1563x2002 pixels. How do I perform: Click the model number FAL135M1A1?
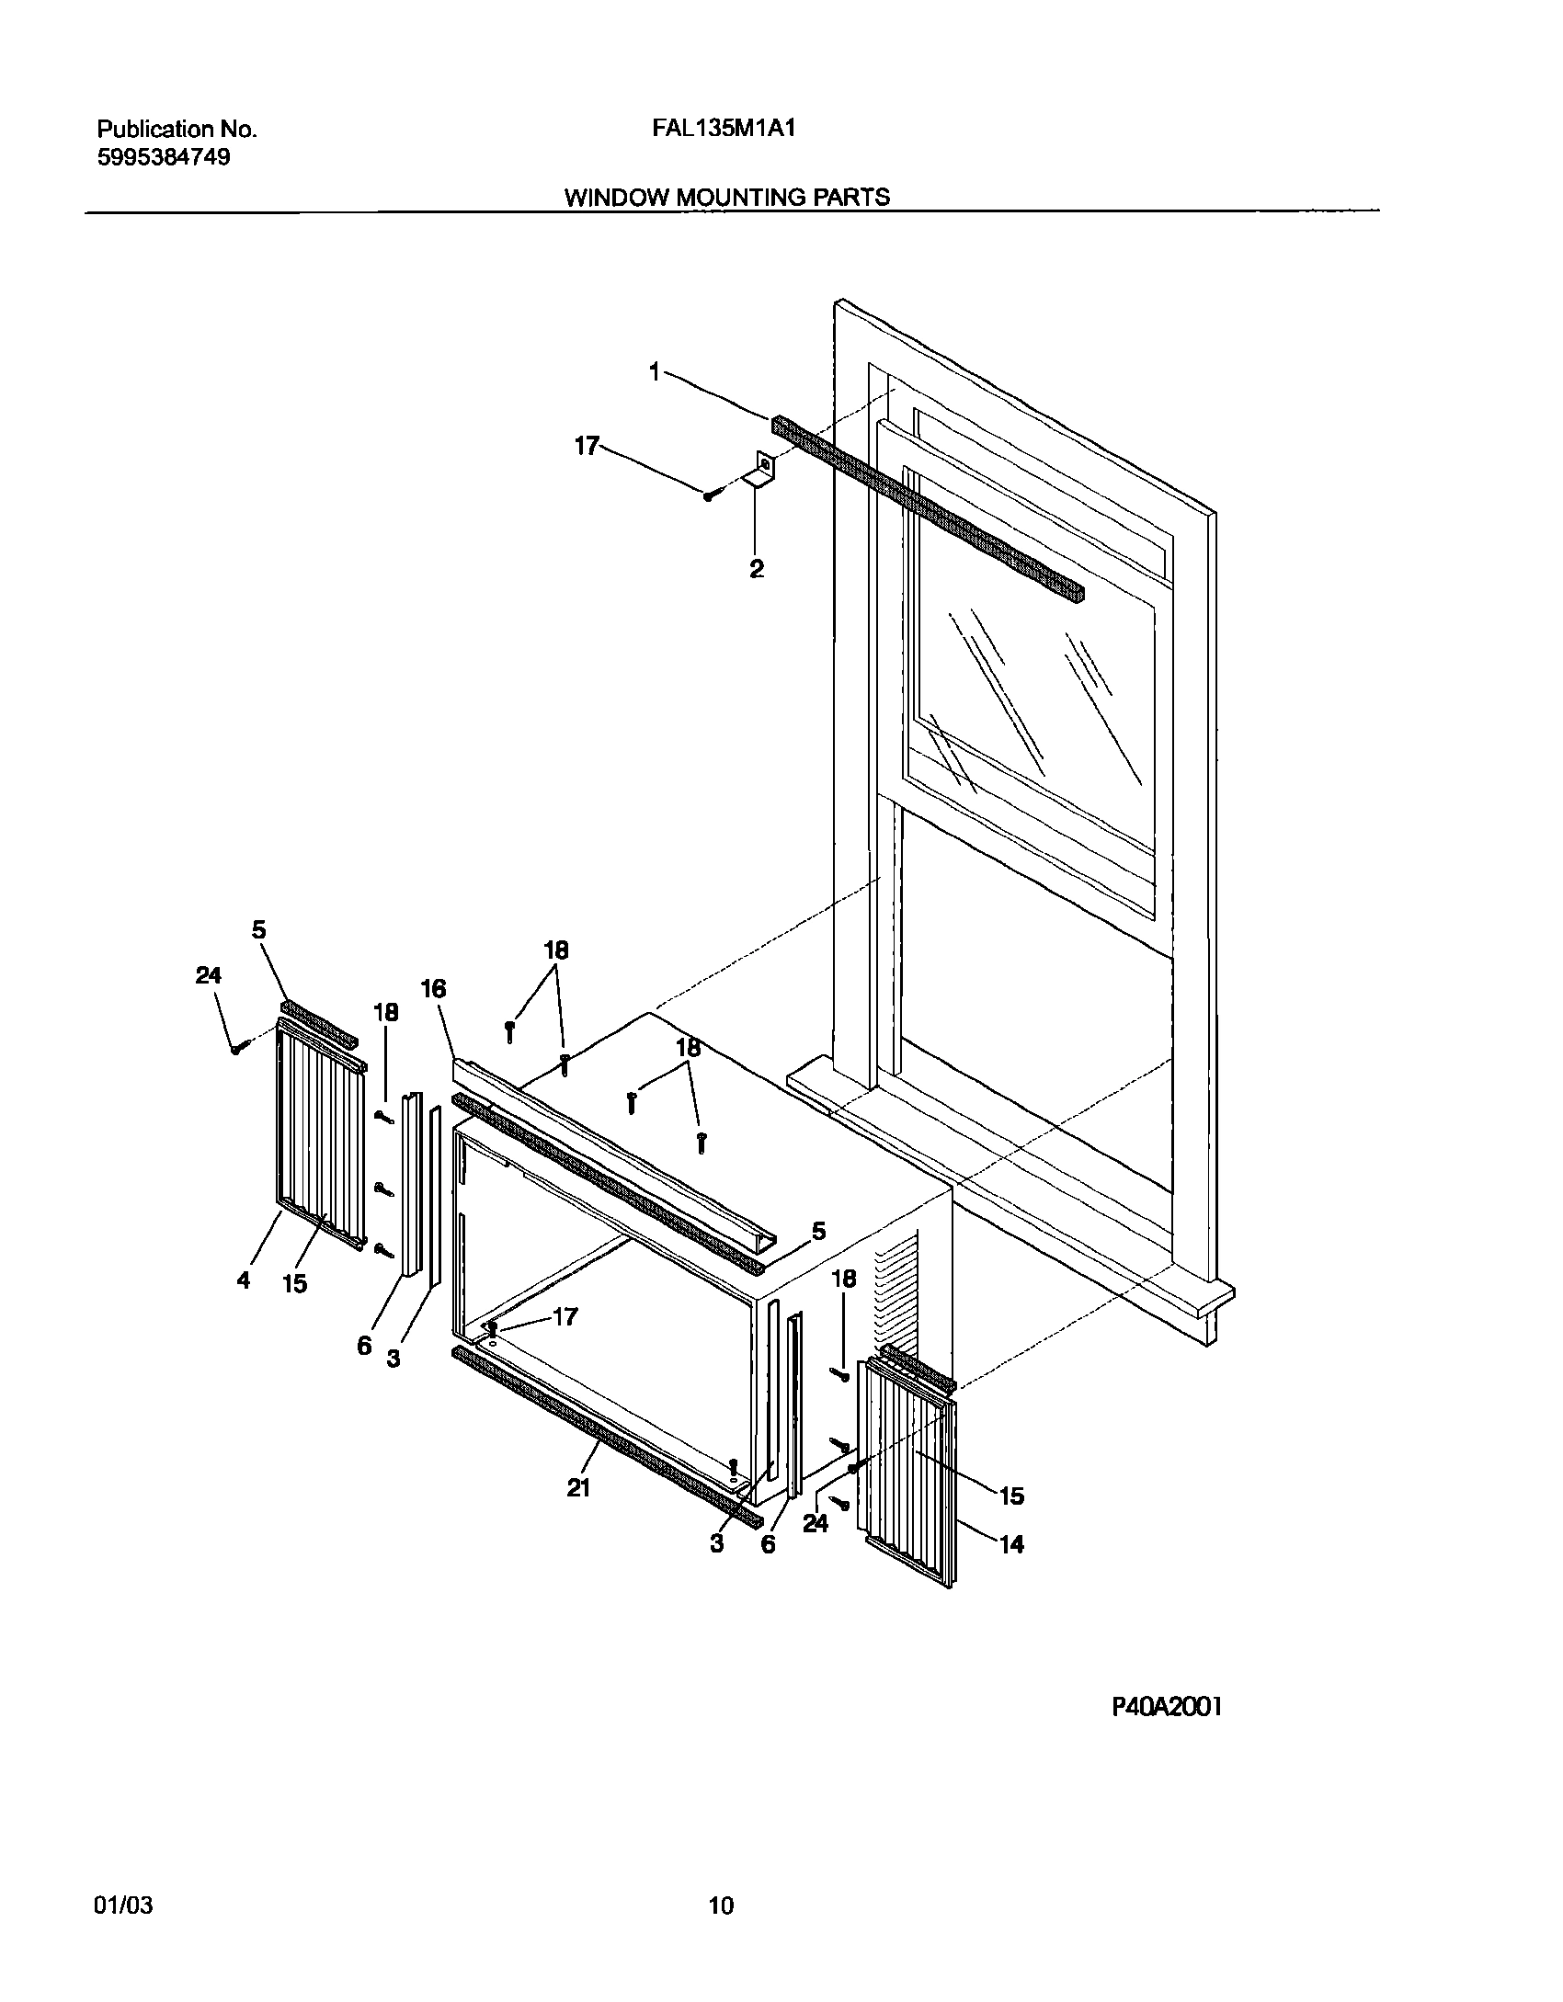click(x=723, y=129)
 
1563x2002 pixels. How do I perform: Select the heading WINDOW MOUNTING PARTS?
click(x=725, y=197)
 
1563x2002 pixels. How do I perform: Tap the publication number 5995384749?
click(x=164, y=157)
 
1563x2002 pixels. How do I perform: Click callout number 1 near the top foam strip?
click(x=655, y=372)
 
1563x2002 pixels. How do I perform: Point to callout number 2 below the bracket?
click(x=756, y=569)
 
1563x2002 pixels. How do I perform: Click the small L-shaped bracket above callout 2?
click(x=761, y=469)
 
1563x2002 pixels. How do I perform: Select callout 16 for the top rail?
click(x=433, y=988)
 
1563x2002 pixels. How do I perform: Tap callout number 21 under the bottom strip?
click(x=577, y=1488)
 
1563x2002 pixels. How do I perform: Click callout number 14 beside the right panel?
click(x=1011, y=1545)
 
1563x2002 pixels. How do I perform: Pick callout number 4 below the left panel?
click(x=243, y=1280)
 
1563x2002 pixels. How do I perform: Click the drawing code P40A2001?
click(x=1167, y=1707)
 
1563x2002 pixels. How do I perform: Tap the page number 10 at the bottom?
click(x=722, y=1881)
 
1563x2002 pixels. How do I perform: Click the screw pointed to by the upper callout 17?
click(x=709, y=496)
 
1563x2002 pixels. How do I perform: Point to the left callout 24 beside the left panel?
click(x=209, y=975)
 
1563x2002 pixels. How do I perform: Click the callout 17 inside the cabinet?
click(x=565, y=1316)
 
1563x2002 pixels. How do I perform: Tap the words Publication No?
click(x=177, y=130)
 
